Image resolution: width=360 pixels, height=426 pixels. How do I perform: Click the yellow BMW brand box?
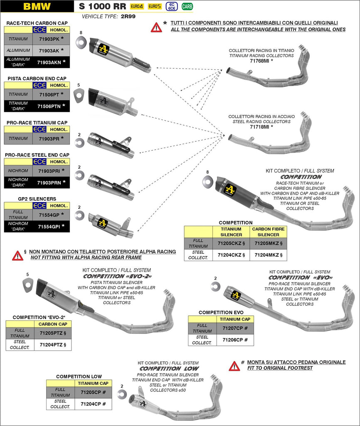point(37,6)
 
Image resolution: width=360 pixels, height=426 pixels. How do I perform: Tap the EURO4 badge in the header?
point(137,6)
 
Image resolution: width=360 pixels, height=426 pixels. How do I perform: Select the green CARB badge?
point(187,6)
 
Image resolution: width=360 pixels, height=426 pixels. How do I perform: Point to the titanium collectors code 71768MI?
point(261,61)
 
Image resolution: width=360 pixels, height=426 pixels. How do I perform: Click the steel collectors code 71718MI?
point(261,126)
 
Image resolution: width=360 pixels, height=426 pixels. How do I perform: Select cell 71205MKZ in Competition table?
point(268,243)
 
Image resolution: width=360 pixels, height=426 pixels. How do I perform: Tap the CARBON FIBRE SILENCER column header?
point(268,232)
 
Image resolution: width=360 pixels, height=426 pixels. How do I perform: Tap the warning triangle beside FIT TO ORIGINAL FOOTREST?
point(234,366)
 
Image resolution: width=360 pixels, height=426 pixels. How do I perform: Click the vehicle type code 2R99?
point(128,17)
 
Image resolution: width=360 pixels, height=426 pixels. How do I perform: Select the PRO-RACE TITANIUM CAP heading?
point(37,123)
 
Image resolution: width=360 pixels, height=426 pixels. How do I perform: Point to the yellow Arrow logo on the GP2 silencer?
point(102,223)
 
